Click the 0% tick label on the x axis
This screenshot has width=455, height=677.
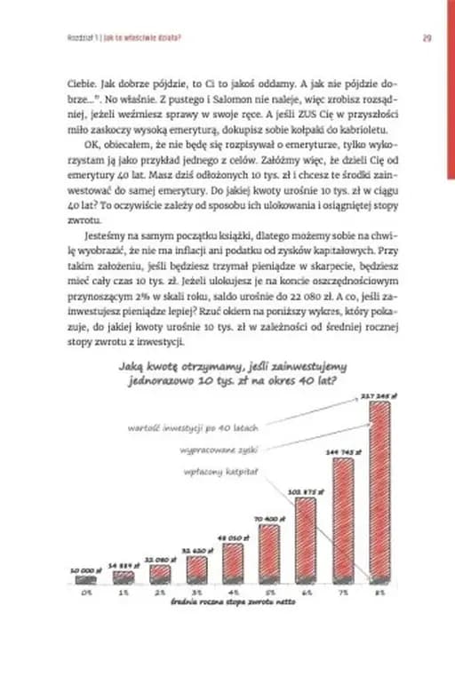pos(86,591)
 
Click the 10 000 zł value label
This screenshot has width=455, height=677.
pos(85,570)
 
